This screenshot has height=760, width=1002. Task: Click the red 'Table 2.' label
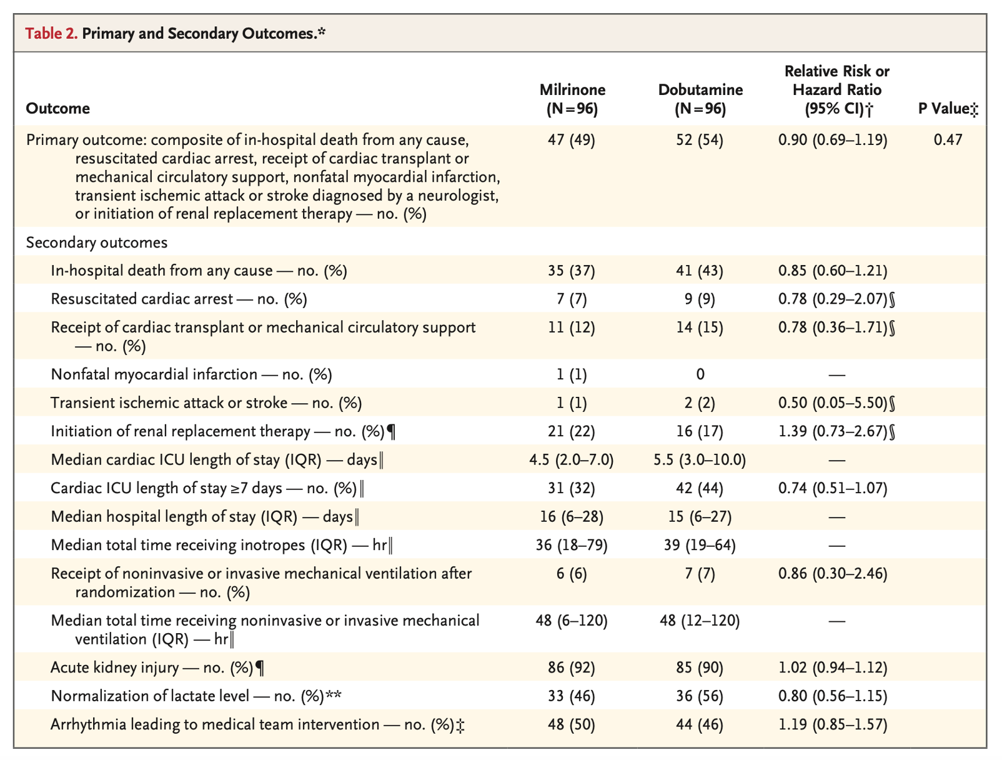(51, 33)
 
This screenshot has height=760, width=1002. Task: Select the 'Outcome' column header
(57, 109)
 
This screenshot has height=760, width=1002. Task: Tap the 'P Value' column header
(944, 109)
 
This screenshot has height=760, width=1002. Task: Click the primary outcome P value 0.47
(948, 140)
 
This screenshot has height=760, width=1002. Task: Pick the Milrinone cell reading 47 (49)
(572, 140)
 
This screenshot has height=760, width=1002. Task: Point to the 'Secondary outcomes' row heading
(97, 242)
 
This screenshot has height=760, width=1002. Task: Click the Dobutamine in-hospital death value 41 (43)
(700, 271)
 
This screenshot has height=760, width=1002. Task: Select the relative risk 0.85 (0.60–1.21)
(833, 271)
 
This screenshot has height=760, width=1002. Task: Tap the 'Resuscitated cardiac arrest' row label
(142, 299)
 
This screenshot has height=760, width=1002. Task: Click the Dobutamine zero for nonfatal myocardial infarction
(700, 374)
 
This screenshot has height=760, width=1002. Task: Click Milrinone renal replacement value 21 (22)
(572, 431)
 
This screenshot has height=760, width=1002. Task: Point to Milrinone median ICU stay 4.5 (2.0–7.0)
(572, 459)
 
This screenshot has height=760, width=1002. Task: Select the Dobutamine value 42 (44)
(700, 488)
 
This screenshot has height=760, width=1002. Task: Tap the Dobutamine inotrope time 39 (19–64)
(700, 545)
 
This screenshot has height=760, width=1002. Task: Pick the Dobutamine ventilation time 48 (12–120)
(700, 620)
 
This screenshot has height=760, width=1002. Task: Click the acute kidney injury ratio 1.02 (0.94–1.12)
(833, 667)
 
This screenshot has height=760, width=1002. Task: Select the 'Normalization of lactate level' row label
(150, 696)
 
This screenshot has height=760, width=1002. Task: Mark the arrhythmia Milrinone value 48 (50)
(572, 724)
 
